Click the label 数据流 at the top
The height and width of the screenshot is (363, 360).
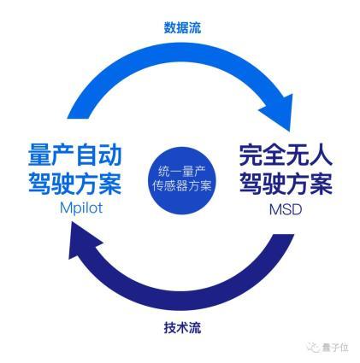(182, 27)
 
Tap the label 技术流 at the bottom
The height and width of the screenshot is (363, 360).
(182, 327)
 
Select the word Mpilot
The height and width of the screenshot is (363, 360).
(81, 208)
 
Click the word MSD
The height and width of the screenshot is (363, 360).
(286, 210)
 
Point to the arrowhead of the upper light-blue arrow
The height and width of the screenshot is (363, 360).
(278, 111)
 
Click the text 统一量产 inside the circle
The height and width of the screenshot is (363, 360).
(182, 173)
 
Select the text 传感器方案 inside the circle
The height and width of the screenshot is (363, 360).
(182, 186)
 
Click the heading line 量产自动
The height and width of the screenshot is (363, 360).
(75, 155)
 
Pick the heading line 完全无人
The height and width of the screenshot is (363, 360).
(286, 155)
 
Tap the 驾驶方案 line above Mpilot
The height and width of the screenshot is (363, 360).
(75, 183)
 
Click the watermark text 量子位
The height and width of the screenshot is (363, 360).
(335, 348)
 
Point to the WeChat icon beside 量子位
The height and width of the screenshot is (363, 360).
(315, 348)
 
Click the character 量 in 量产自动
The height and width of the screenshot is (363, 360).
(39, 155)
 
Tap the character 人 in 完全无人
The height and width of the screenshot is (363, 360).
(322, 155)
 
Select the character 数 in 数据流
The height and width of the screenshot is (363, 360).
(170, 27)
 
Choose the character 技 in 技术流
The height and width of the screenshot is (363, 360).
(170, 327)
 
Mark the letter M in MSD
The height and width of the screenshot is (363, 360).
(274, 210)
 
